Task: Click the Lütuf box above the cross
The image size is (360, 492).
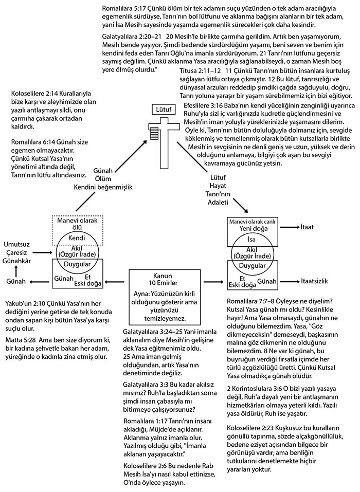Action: (x=164, y=110)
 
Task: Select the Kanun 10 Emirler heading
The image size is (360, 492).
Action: (x=163, y=279)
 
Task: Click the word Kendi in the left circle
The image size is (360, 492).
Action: (x=77, y=238)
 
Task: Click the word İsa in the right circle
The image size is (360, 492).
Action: (x=251, y=240)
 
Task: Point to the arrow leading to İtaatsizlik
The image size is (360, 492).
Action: (x=291, y=281)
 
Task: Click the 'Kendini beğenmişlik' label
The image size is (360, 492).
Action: (x=103, y=187)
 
